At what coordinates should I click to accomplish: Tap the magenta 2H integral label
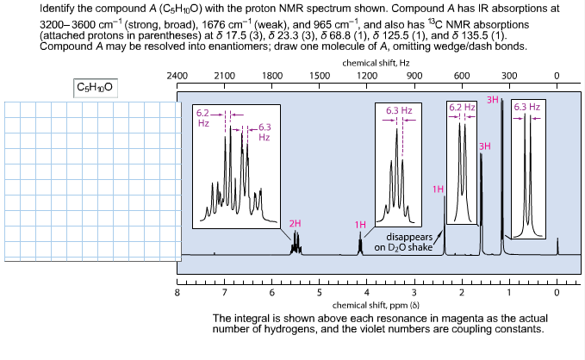click(x=296, y=223)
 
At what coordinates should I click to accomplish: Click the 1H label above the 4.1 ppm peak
click(x=361, y=224)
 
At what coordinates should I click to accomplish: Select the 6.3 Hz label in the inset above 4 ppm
click(x=398, y=111)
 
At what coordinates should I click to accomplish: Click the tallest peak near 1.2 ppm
click(x=502, y=172)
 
